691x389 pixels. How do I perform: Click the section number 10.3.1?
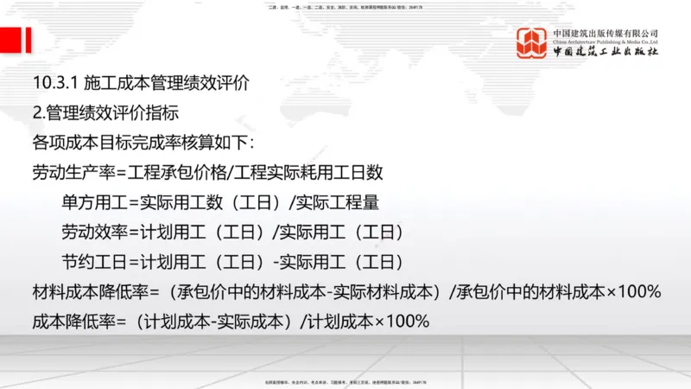[x=54, y=85]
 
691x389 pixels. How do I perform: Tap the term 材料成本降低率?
[x=85, y=291]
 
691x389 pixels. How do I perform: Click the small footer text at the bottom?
[x=345, y=381]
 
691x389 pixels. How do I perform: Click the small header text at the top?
[x=345, y=7]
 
